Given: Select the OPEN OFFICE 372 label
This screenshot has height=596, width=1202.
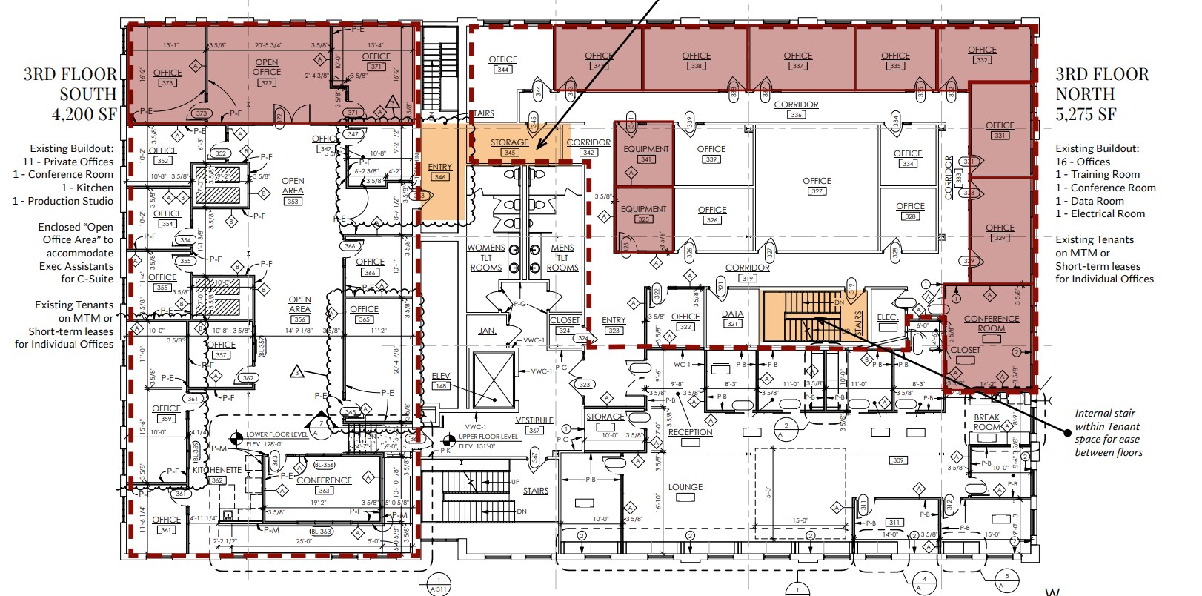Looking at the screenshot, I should [x=267, y=72].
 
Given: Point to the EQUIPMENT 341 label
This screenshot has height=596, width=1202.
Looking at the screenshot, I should [x=645, y=153].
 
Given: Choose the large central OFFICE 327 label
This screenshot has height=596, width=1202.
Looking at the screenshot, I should [x=817, y=185].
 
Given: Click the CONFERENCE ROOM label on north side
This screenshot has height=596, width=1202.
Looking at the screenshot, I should [x=992, y=324].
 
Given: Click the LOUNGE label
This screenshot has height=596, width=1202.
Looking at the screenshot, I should [x=685, y=487].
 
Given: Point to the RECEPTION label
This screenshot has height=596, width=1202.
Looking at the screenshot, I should [x=690, y=432].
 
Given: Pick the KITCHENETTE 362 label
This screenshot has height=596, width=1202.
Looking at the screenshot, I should [x=217, y=474].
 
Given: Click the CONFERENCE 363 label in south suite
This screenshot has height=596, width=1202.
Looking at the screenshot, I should [x=324, y=485].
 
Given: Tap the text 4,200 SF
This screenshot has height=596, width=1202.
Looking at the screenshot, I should [x=84, y=113].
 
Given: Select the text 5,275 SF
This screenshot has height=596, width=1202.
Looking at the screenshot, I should [x=1086, y=113].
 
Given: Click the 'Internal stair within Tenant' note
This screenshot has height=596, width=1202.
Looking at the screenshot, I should [x=1108, y=433].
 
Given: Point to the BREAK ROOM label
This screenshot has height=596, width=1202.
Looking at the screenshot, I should [x=986, y=423].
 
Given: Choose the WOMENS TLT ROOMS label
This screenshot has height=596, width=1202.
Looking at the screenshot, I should [x=486, y=257].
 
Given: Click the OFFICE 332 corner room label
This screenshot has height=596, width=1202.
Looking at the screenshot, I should [x=982, y=54].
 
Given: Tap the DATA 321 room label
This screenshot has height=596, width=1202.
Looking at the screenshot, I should [x=732, y=318].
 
